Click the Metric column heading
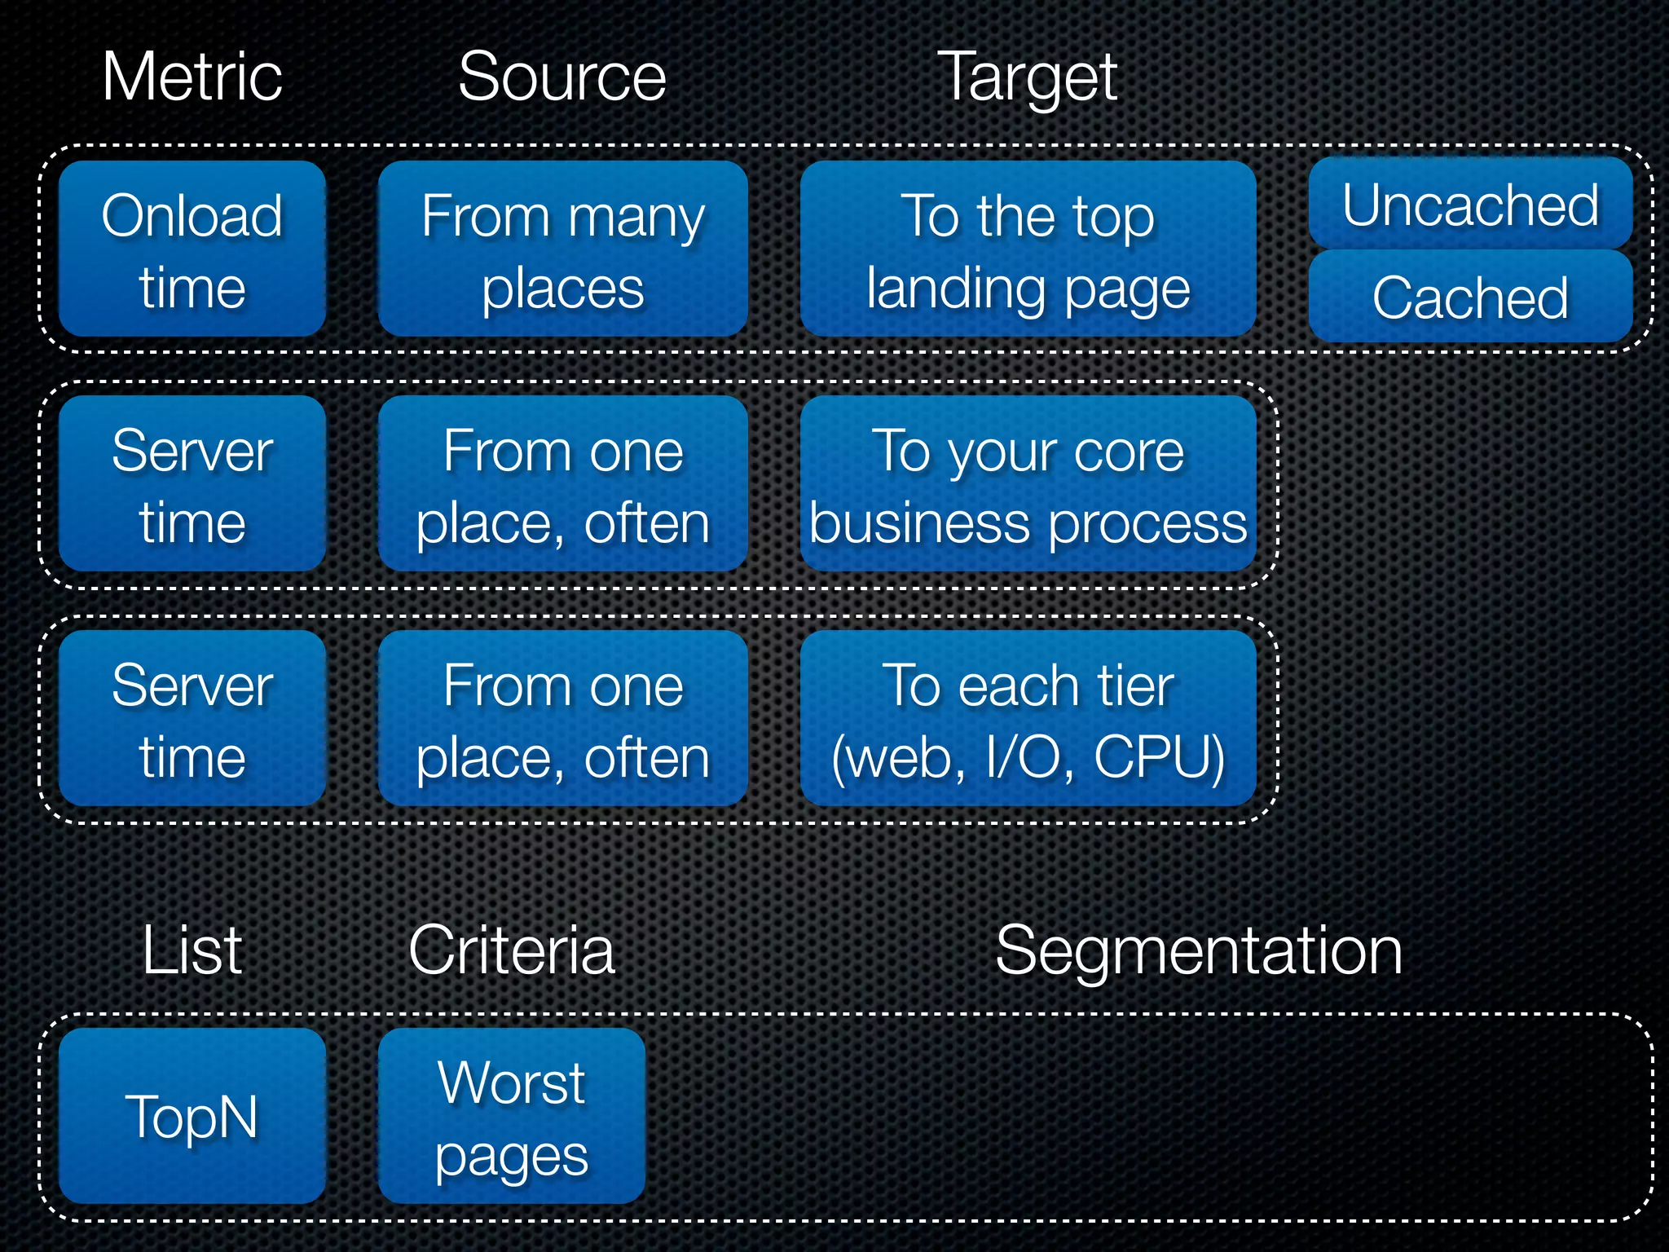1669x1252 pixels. tap(192, 77)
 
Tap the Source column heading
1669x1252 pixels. tap(562, 77)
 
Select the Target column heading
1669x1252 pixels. tap(1027, 78)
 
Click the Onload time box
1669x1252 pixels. tap(192, 249)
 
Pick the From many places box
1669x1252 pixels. tap(562, 249)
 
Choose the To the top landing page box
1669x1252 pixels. tap(1028, 249)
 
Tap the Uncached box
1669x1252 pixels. tap(1470, 204)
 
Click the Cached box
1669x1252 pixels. tap(1470, 297)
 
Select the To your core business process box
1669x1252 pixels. tap(1028, 483)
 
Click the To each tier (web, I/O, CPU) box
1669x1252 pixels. tap(1028, 718)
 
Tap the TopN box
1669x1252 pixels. tap(192, 1116)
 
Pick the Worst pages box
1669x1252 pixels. tap(512, 1116)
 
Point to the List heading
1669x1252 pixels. tap(192, 950)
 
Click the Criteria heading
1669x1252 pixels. tap(512, 950)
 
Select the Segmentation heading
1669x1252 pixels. tap(1199, 950)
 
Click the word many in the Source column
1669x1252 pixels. tap(636, 218)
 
